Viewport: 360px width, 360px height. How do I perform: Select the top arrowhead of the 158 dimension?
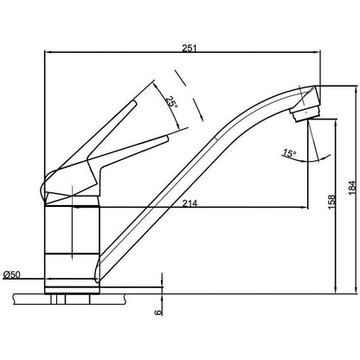pyautogui.click(x=322, y=117)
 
